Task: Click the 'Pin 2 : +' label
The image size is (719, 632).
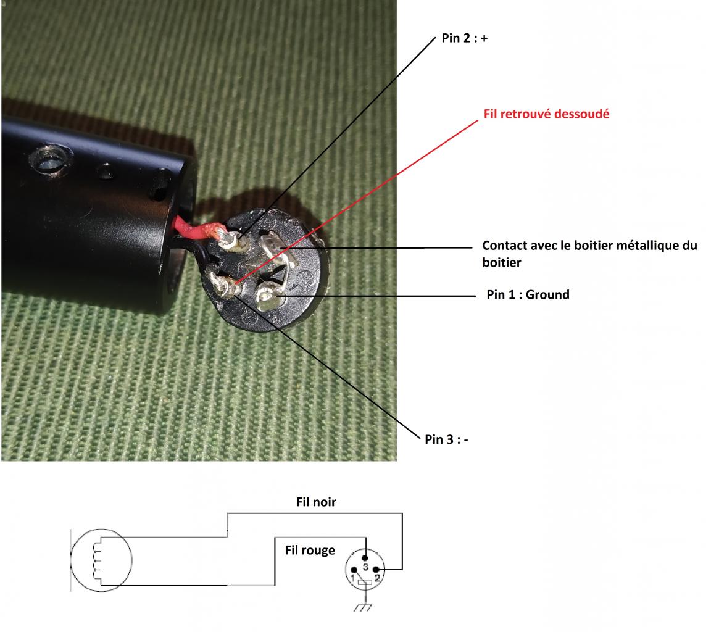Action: click(465, 38)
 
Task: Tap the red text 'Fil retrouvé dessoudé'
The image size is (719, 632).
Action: click(546, 114)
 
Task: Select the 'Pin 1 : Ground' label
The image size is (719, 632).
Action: click(528, 295)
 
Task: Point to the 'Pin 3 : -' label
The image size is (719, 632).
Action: click(446, 439)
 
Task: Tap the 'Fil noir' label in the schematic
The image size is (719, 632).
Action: click(316, 502)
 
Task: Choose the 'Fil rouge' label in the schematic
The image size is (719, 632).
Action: click(310, 550)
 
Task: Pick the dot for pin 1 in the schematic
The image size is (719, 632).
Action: click(355, 570)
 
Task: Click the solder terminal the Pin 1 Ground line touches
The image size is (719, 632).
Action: click(270, 298)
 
